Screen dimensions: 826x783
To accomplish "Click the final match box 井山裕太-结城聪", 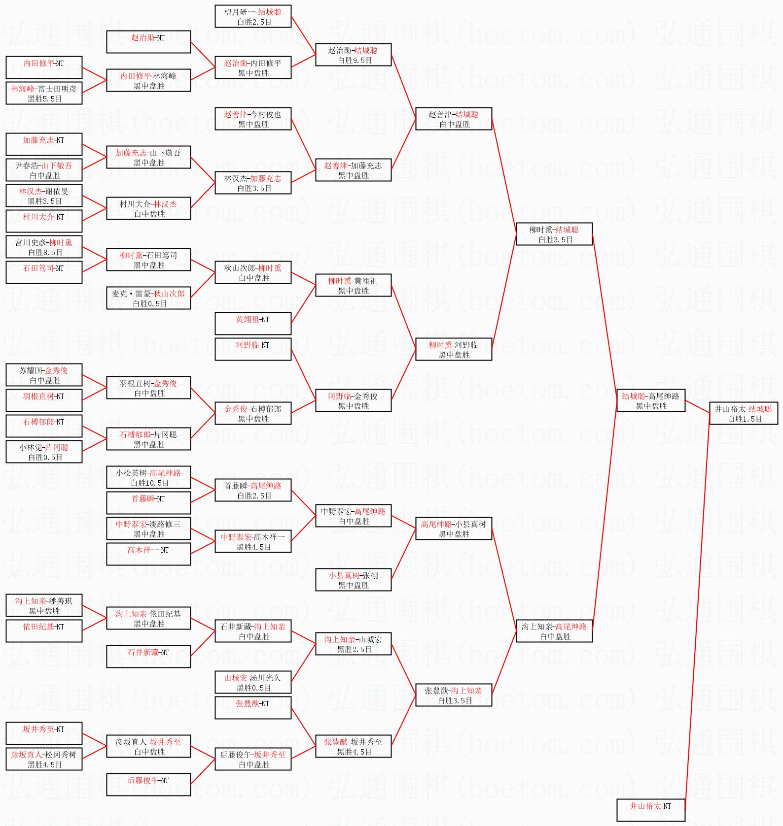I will point(744,413).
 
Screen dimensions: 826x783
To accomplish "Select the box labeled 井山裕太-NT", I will point(651,810).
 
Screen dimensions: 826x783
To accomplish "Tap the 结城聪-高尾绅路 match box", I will point(651,400).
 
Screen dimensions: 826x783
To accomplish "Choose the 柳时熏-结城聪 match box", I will point(554,234).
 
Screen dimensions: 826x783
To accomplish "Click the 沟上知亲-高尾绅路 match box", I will point(554,631).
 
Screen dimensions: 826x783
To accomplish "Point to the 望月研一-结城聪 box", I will point(253,16).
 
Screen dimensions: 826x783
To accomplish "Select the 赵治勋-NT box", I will point(148,42).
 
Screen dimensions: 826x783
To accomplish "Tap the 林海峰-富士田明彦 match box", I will point(44,93).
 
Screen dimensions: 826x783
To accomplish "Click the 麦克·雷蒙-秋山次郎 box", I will point(148,298).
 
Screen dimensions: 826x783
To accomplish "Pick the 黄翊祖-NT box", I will point(253,324).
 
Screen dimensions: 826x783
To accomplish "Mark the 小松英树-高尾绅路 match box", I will point(148,477).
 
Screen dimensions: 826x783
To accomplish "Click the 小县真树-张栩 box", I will point(354,580).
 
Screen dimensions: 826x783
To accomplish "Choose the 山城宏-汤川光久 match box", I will point(253,682).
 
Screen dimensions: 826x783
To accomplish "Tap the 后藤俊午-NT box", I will point(148,785).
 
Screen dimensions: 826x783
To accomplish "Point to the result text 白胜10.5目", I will point(149,483).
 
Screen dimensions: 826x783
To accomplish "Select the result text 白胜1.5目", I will point(745,419).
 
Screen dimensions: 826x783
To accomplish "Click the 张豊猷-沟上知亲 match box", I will point(454,695).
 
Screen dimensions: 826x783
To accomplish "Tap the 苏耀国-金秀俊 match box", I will point(44,375).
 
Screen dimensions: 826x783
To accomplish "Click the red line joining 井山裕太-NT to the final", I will point(697,616).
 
